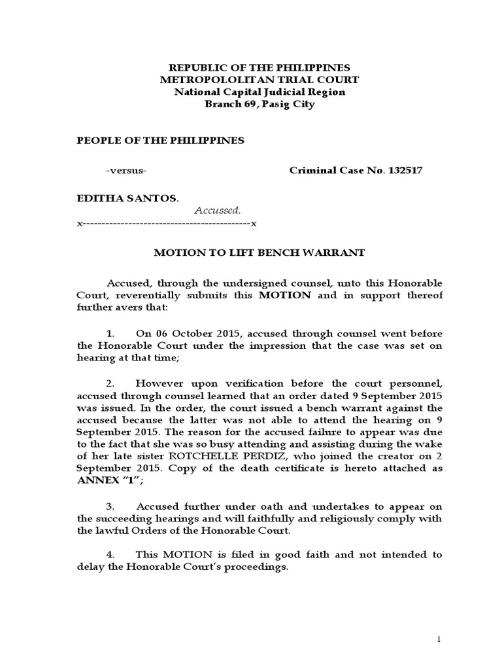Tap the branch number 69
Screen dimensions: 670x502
pos(248,105)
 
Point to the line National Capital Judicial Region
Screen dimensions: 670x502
pos(259,92)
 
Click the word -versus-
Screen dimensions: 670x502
pos(126,171)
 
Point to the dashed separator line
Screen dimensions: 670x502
pos(167,223)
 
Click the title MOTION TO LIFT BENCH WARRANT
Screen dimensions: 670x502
pos(259,253)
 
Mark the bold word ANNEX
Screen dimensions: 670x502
pos(98,481)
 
